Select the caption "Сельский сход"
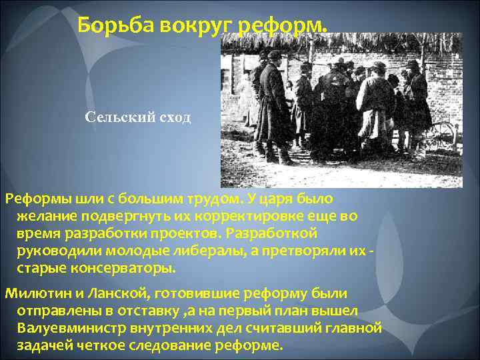138,117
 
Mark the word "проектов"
188,234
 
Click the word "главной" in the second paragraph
351,329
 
